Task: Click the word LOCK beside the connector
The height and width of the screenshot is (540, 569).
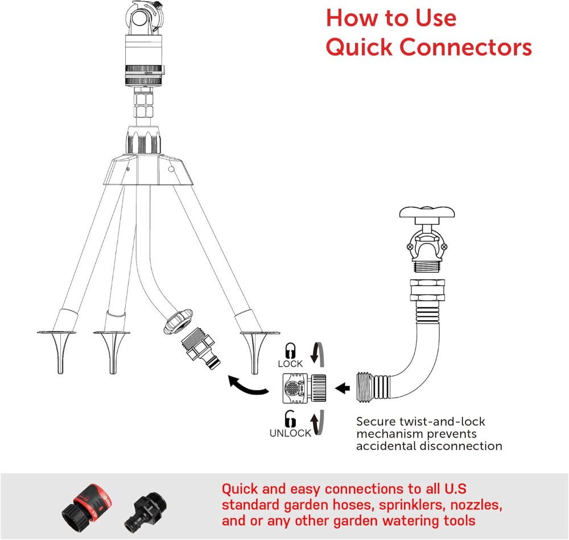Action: pyautogui.click(x=290, y=363)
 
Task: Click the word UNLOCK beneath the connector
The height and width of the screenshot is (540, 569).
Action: pyautogui.click(x=290, y=433)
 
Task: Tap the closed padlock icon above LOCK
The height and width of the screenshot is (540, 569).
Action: pyautogui.click(x=290, y=350)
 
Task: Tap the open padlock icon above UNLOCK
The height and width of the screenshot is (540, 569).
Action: pyautogui.click(x=290, y=420)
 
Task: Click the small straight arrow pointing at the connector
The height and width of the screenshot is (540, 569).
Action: pyautogui.click(x=343, y=388)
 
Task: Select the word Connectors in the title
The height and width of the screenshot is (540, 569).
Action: pyautogui.click(x=468, y=47)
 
